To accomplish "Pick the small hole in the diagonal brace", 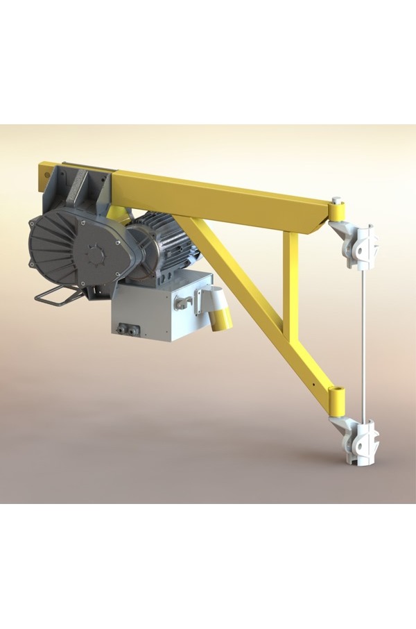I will click(x=313, y=383).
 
